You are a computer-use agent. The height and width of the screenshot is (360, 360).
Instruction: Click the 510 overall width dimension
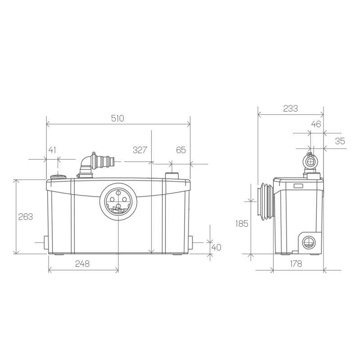(117, 118)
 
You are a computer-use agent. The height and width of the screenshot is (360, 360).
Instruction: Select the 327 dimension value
(140, 150)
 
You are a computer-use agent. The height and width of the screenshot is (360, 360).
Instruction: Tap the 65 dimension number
(180, 150)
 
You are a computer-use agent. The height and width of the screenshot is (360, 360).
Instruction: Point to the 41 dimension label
(52, 150)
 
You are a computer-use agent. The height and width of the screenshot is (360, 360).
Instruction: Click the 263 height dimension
(26, 216)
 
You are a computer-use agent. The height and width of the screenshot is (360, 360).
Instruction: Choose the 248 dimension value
(82, 264)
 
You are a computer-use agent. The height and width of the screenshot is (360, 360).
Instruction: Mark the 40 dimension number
(216, 247)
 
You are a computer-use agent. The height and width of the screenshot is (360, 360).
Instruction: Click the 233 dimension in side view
(290, 108)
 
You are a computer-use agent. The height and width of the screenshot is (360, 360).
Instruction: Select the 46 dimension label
(316, 125)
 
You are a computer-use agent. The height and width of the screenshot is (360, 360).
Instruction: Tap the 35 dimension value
(340, 141)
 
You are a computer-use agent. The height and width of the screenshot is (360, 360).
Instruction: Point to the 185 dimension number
(242, 223)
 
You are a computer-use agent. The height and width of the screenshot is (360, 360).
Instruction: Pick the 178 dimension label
(296, 264)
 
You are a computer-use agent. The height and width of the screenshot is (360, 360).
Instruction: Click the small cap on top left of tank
(58, 176)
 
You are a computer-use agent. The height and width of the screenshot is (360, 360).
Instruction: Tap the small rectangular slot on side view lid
(298, 185)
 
